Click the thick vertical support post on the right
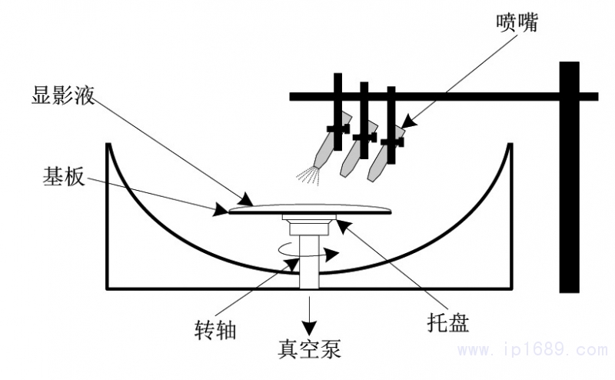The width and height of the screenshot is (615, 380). [569, 177]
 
